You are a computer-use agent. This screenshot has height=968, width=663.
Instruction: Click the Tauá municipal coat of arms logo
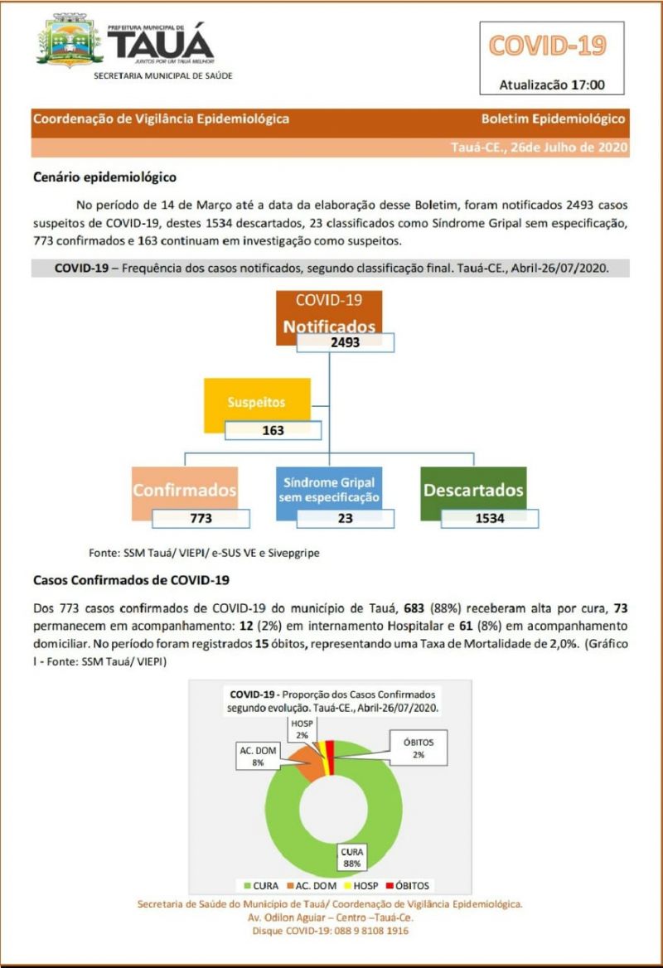click(70, 41)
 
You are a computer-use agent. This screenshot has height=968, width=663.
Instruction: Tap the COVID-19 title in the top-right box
click(547, 46)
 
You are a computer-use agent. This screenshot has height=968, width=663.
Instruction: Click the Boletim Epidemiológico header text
click(553, 119)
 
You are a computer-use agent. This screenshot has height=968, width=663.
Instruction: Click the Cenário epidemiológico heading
click(104, 177)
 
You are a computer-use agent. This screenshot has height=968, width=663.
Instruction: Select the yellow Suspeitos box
click(257, 403)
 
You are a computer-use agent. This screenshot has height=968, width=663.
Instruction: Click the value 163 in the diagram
click(273, 430)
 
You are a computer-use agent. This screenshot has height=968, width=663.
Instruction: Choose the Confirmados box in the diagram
click(185, 489)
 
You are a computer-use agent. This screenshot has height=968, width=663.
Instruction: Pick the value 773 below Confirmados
click(201, 518)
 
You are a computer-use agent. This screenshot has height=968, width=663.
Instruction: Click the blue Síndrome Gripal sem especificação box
click(328, 489)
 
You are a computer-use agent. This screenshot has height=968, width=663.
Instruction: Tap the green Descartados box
click(473, 489)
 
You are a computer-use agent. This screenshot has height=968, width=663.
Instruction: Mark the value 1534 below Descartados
click(489, 518)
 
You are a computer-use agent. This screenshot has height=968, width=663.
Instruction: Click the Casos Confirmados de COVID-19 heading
click(131, 579)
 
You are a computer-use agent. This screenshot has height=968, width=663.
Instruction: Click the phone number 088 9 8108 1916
click(365, 931)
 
